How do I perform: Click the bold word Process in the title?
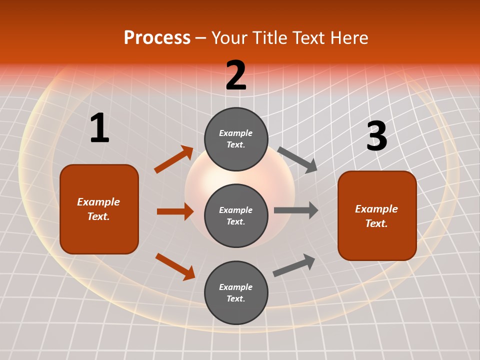pos(157,38)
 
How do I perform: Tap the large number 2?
pos(236,75)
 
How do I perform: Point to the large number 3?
pos(376,136)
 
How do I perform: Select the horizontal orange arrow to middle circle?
pos(175,211)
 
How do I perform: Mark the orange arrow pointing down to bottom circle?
pos(175,266)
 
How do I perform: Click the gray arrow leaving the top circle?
pos(297,159)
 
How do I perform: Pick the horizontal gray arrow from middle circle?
pos(296,210)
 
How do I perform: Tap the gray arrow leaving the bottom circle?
pos(294,265)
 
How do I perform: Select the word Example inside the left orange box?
pos(98,202)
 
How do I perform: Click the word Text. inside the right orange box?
pos(376,223)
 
